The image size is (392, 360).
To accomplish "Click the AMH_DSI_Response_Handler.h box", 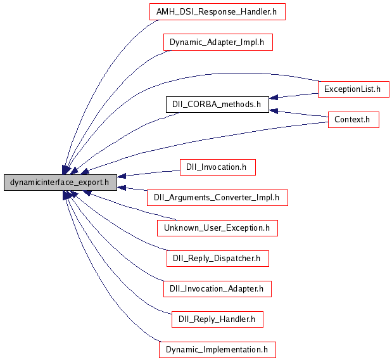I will coord(217,12).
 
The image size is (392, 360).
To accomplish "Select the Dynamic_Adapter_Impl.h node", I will coord(217,42).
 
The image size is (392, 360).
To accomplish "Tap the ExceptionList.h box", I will coord(353,89).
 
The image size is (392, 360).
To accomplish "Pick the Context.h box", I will coord(353,120).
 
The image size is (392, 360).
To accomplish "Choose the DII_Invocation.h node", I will coord(217,167).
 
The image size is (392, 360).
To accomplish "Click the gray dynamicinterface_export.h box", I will coord(60,183).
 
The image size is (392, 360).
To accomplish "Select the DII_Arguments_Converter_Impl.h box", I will coord(217,197).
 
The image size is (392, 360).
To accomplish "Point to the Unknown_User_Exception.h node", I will coord(217,228).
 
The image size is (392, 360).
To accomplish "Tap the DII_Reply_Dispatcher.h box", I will coord(217,258).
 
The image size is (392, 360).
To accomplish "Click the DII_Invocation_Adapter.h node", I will coord(217,288).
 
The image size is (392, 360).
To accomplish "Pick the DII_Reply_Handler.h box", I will coord(217,319).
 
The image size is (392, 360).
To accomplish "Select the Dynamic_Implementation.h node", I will coord(217,349).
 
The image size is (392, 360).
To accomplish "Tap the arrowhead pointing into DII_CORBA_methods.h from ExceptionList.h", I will coord(274,98).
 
